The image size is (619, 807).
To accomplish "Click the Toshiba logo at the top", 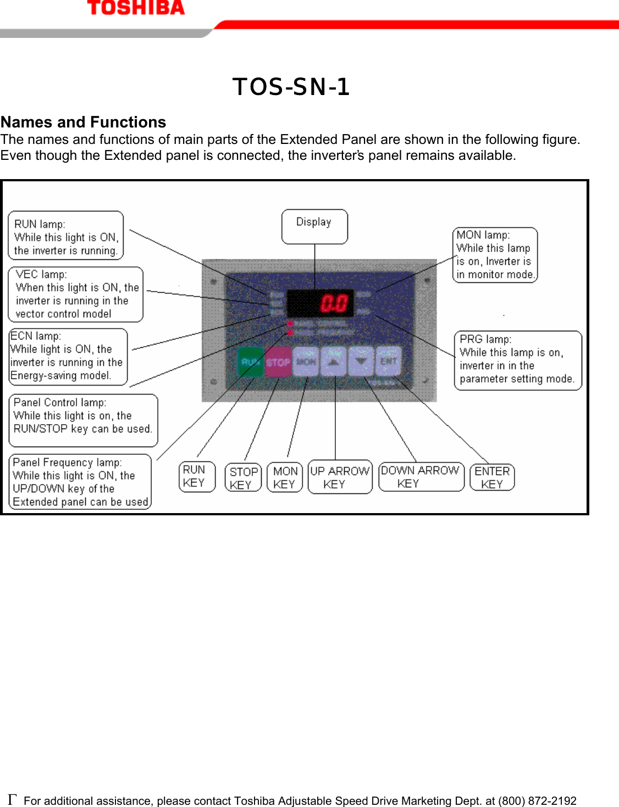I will (x=136, y=8).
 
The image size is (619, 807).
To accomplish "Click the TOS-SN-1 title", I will (x=291, y=87).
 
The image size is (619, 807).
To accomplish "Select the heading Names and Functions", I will (x=83, y=122).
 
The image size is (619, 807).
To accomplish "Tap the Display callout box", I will (x=314, y=226).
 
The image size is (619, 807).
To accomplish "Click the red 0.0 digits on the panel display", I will (x=334, y=303).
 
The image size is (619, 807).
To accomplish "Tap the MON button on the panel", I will (x=306, y=362).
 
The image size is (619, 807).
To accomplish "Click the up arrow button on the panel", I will (x=334, y=362).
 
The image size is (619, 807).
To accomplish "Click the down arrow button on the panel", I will (x=361, y=362).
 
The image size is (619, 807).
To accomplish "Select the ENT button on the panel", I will (x=388, y=361).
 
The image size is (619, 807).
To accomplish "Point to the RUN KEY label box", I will (x=197, y=476).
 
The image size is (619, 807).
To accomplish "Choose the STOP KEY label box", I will (x=243, y=478).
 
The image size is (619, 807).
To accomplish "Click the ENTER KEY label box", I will (x=492, y=477).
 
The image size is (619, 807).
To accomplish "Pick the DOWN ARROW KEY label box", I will (x=421, y=477).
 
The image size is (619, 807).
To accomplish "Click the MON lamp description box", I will (x=495, y=255).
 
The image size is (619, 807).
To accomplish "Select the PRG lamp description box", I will (x=517, y=360).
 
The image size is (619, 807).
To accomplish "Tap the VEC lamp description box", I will (x=76, y=294).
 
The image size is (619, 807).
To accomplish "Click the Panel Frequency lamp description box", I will (x=80, y=482).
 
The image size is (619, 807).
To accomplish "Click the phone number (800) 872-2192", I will (x=537, y=801).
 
